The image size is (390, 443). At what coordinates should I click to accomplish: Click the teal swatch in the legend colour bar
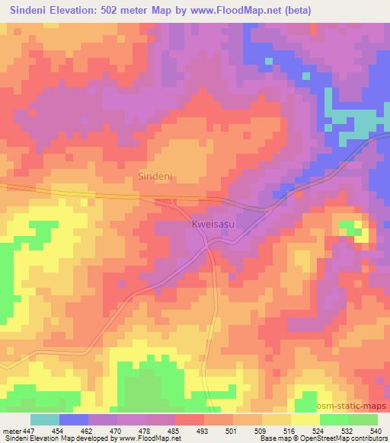click(45, 419)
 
